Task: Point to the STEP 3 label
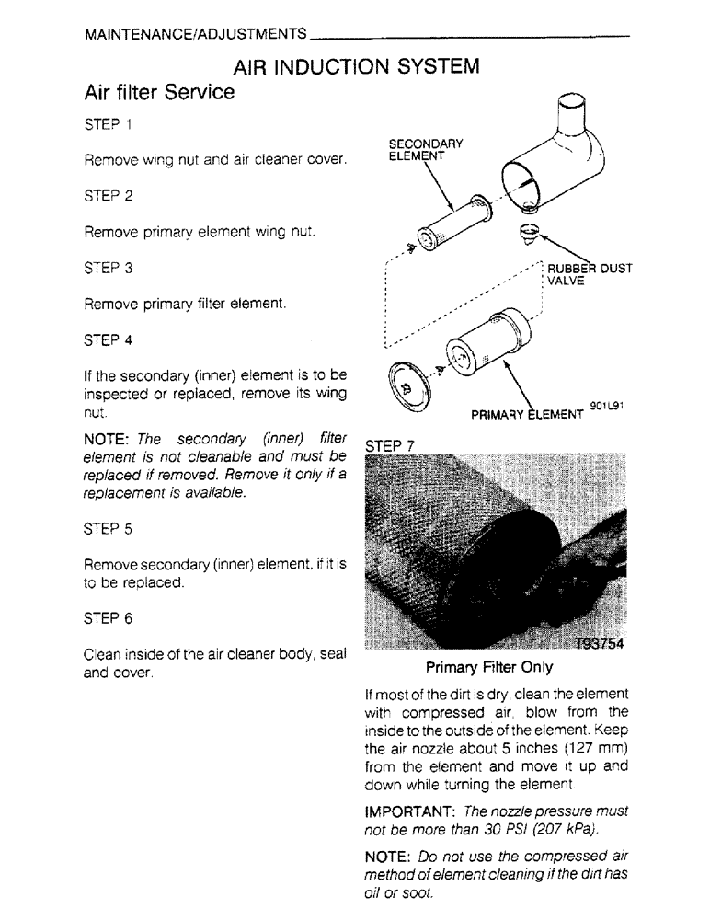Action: [x=108, y=268]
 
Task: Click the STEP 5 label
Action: [x=108, y=529]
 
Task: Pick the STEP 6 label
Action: [x=108, y=619]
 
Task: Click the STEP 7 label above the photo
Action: [x=391, y=445]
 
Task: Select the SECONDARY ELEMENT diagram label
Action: [x=425, y=150]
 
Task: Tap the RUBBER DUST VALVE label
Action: [x=589, y=275]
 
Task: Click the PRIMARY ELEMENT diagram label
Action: [x=526, y=414]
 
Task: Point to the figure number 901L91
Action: [x=608, y=404]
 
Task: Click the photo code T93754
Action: [x=598, y=644]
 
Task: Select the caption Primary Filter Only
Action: [x=488, y=667]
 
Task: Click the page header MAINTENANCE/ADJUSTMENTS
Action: [x=195, y=34]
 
